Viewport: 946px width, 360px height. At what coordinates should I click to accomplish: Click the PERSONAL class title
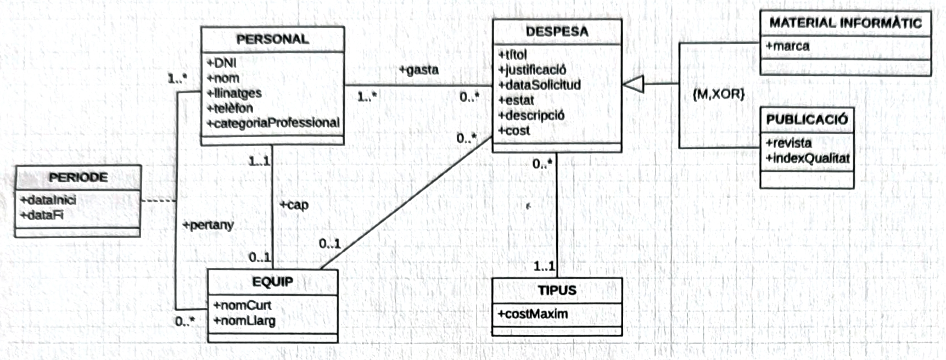coord(272,40)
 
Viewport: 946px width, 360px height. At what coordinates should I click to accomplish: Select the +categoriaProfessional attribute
coord(273,123)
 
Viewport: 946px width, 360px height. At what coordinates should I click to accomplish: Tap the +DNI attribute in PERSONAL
coord(222,63)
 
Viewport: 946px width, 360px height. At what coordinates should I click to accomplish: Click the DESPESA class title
coord(557,32)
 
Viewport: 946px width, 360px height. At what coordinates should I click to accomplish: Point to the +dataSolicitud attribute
coord(539,85)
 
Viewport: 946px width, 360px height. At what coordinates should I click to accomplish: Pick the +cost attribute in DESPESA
coord(514,131)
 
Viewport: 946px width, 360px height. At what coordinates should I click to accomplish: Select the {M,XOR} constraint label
coord(718,94)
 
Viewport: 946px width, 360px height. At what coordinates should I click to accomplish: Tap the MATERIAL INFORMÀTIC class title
coord(845,23)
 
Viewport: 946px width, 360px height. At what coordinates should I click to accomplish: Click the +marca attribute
coord(787,46)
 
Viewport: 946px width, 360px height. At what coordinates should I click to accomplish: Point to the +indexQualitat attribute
coord(807,159)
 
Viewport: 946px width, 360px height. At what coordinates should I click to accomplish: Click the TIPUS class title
coord(557,290)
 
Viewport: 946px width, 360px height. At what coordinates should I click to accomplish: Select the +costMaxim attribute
coord(533,314)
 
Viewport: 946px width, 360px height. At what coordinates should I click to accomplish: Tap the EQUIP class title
coord(272,282)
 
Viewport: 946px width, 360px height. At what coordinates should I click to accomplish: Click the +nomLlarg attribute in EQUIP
coord(244,320)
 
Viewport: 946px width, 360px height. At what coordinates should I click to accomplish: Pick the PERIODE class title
coord(78,178)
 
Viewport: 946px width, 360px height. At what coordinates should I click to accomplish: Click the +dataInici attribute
coord(48,200)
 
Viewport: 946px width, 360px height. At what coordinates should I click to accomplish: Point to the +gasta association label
coord(419,70)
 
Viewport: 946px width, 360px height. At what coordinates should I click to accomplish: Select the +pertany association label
coord(208,225)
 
